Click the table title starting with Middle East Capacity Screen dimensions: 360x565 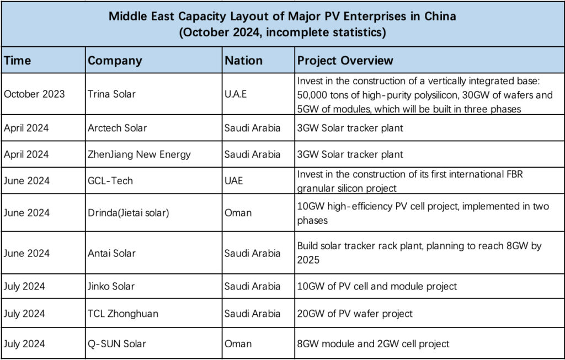pos(282,24)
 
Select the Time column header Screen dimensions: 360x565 pos(18,61)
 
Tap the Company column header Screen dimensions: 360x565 pos(115,61)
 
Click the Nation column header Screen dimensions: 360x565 pos(243,61)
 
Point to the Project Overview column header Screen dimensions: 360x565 pos(345,61)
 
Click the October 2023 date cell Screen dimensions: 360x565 pos(34,94)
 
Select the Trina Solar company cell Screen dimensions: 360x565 pos(111,94)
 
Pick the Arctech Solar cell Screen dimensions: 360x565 pos(117,128)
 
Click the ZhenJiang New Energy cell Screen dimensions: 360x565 pos(139,154)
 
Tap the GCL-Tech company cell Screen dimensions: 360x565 pos(110,181)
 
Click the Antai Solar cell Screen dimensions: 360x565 pos(111,253)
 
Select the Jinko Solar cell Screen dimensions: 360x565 pos(111,286)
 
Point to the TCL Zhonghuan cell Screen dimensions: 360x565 pos(123,314)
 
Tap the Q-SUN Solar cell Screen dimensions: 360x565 pos(117,343)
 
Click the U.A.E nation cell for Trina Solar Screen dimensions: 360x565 pos(236,94)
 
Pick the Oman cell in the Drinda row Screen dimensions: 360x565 pos(238,213)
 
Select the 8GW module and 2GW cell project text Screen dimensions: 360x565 pos(373,343)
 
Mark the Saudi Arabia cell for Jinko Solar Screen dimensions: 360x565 pos(252,286)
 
